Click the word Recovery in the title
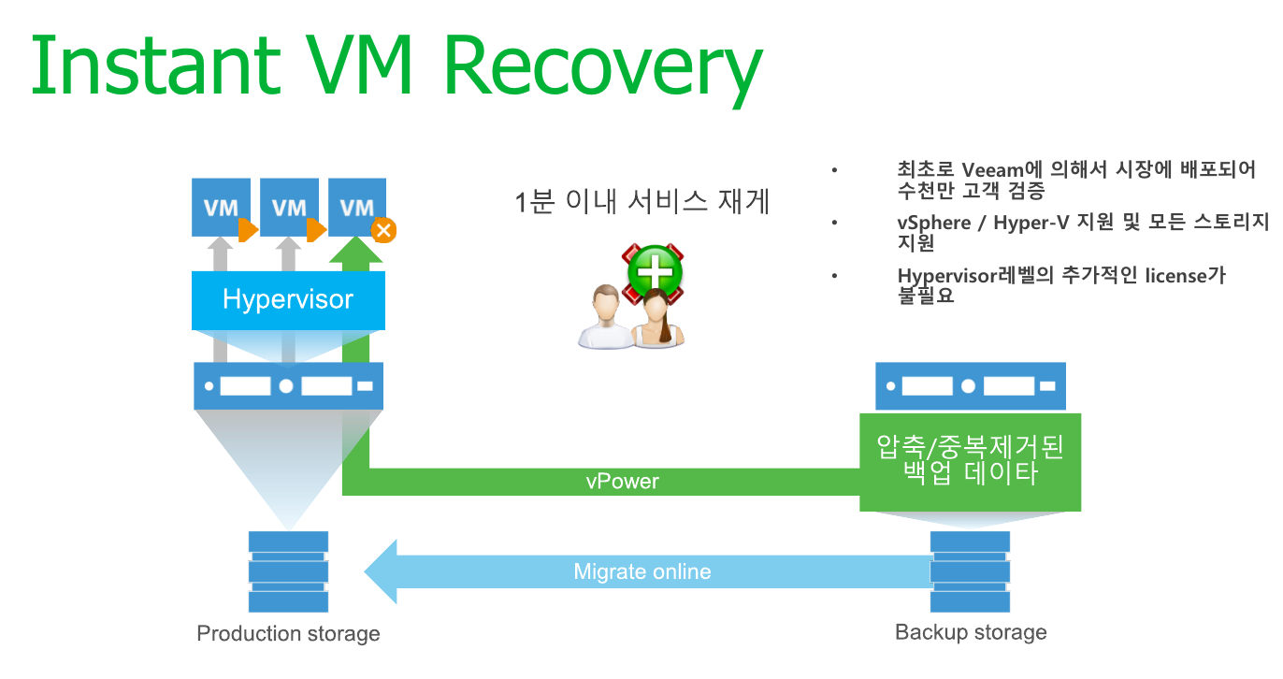603,67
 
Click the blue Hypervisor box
288,300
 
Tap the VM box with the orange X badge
357,207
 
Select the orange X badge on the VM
383,230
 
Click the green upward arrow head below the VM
355,250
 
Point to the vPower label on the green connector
622,482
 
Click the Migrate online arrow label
642,571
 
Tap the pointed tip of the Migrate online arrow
366,571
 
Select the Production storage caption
288,633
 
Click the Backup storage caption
971,632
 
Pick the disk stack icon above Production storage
288,571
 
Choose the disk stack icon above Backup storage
970,571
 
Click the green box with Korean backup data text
971,462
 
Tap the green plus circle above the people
655,271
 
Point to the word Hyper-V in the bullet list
1031,223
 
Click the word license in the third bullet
1175,276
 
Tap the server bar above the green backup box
971,385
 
